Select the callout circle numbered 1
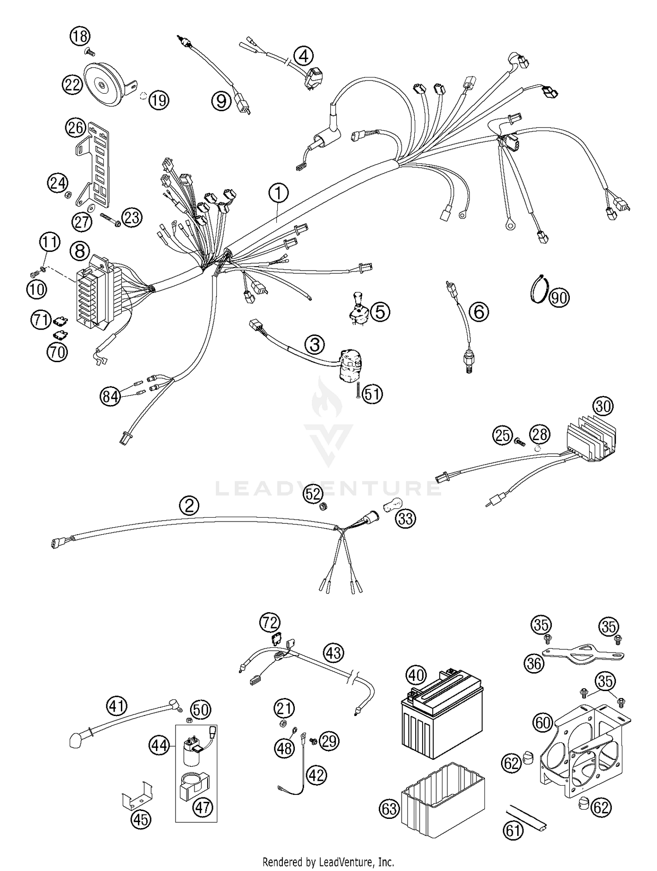tap(279, 193)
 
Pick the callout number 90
tap(559, 298)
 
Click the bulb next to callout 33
tap(392, 508)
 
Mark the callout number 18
tap(80, 36)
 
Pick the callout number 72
tap(270, 622)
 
